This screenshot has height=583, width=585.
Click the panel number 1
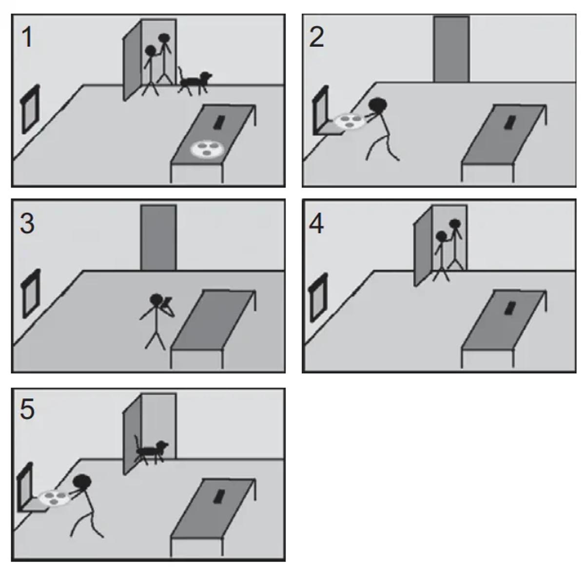coord(28,38)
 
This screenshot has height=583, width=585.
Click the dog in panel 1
coord(195,82)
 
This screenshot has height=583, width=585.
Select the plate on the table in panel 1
coord(207,149)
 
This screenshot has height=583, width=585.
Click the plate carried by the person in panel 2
coord(350,121)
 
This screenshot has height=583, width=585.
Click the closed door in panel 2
coord(451,49)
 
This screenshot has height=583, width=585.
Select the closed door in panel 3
coord(158,237)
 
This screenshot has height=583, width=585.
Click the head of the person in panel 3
coord(156,300)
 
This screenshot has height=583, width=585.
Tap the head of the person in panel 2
coord(378,105)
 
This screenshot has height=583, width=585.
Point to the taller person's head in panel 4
coord(455,224)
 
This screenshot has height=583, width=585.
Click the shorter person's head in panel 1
coord(150,51)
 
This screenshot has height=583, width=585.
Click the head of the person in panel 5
coord(82,482)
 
